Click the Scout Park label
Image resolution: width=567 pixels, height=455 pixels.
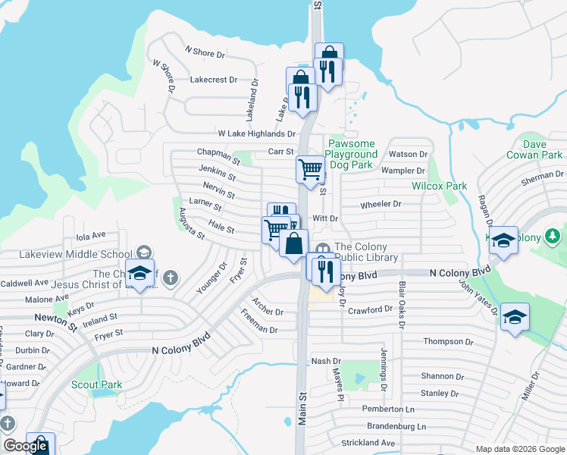96,384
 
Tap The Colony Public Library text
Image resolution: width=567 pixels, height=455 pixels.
366,252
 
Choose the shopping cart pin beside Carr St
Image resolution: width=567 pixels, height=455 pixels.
309,171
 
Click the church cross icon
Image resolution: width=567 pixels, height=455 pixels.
171,277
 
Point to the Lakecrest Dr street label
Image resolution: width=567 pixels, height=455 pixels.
214,79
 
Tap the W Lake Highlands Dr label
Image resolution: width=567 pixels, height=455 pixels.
256,133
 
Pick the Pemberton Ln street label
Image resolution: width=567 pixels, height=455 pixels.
388,409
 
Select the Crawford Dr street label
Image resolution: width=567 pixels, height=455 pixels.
370,309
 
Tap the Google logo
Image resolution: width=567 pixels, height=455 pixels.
25,446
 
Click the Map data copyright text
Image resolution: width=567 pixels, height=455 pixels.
520,449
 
